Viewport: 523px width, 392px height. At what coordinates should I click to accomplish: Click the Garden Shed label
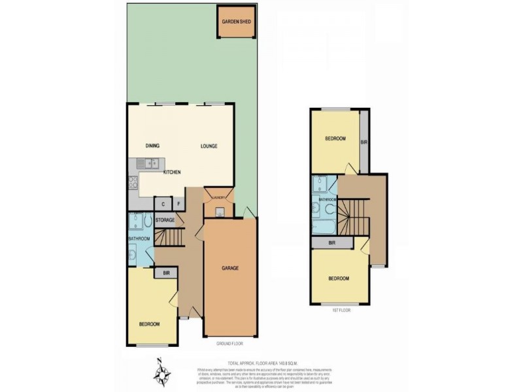tap(236, 22)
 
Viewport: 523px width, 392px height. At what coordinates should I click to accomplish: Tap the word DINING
tap(153, 146)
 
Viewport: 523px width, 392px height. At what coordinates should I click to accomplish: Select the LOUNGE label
tap(209, 146)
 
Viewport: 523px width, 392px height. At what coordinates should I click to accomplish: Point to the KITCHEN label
tap(172, 172)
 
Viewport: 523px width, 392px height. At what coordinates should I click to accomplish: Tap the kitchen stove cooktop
tap(133, 182)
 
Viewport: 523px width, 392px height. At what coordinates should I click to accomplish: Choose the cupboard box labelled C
tap(163, 204)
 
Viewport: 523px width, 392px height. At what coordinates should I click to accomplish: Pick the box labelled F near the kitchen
tap(178, 204)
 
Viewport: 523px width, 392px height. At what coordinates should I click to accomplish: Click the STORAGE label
tap(165, 220)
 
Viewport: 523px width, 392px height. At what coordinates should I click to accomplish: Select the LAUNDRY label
tap(218, 197)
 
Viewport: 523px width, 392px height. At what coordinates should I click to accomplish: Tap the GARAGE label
tap(229, 269)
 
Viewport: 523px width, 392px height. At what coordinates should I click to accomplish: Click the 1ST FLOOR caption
tap(341, 310)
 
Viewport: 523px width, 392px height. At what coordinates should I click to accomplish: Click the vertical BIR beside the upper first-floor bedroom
tap(363, 140)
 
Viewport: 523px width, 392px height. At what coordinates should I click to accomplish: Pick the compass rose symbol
tap(162, 373)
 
